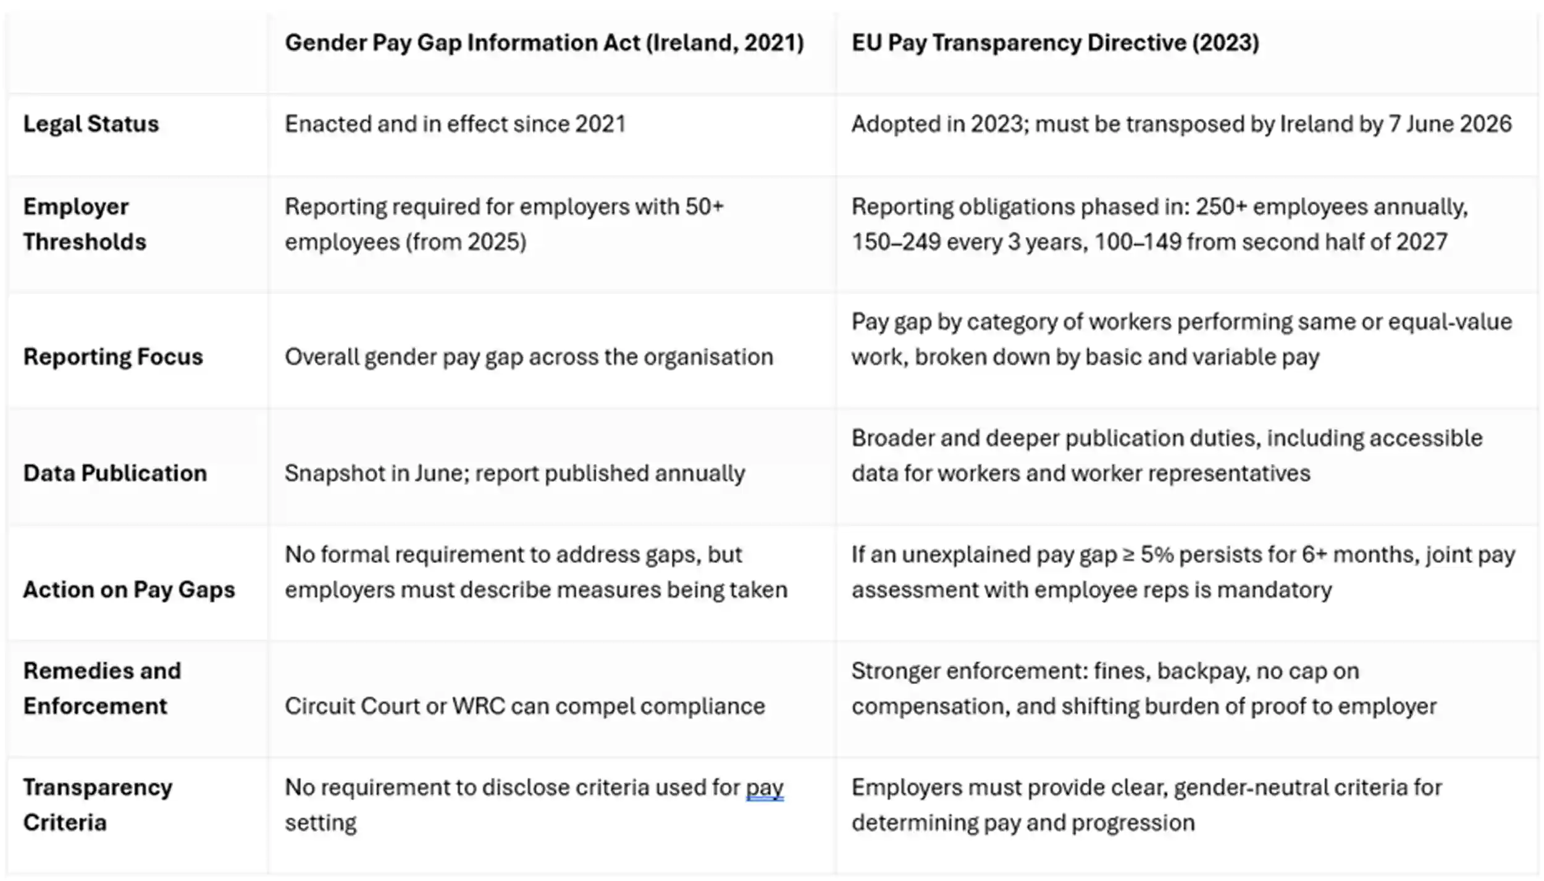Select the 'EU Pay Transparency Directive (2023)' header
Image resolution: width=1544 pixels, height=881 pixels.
pos(1055,43)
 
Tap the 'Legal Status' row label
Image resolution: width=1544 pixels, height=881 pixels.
pos(91,124)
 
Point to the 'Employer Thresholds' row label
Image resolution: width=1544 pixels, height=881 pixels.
pos(85,223)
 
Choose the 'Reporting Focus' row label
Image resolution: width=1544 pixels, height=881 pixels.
pos(113,357)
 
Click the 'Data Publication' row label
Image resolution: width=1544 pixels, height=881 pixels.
pos(115,473)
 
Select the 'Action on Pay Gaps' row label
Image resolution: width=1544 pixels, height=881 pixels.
pos(129,590)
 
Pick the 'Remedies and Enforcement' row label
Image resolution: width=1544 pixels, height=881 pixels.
pos(102,688)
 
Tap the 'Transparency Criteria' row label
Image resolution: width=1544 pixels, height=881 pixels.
pos(98,804)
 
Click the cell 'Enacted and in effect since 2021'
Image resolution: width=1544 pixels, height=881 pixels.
pos(455,124)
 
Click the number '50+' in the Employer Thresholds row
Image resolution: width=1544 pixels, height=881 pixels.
pos(704,207)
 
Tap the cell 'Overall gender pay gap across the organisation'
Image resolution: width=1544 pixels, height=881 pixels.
pos(529,357)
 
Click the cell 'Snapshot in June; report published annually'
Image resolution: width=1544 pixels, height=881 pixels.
pos(514,473)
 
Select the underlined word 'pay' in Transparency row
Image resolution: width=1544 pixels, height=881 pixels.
pos(765,788)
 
